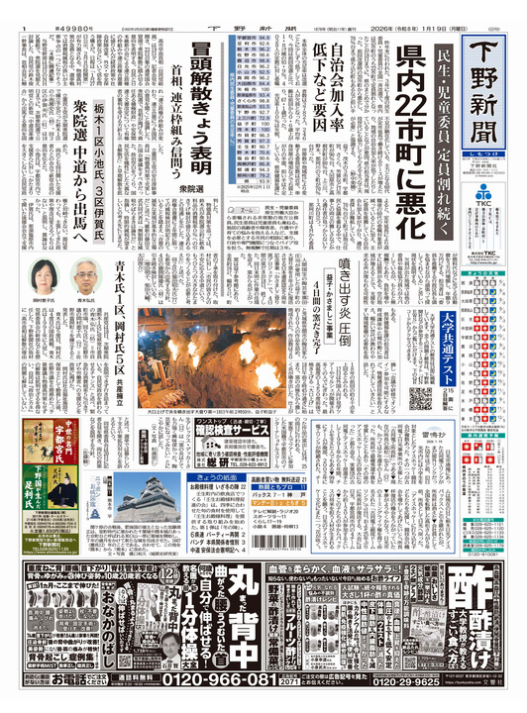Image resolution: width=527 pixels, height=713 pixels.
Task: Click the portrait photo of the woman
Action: [44, 277]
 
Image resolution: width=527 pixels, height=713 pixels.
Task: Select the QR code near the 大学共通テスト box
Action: [419, 397]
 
